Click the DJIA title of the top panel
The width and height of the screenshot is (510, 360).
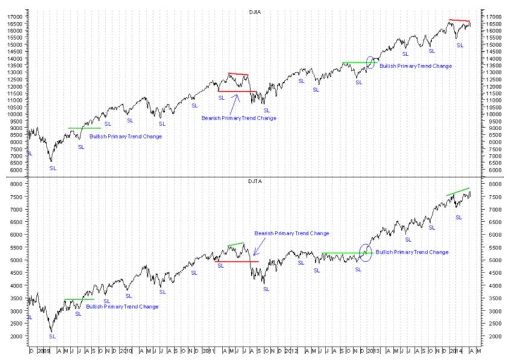tap(255, 11)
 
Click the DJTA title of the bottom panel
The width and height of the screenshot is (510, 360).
tap(255, 181)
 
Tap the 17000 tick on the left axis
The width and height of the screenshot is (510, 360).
tap(14, 17)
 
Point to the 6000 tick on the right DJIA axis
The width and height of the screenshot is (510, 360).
tap(493, 169)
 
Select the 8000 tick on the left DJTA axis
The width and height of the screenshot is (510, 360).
tap(16, 184)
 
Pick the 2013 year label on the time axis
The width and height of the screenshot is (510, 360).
tap(373, 350)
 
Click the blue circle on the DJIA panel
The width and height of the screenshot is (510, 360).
tap(370, 62)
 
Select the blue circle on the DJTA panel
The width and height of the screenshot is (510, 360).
tap(365, 252)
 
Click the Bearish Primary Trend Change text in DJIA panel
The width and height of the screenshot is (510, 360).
tap(239, 118)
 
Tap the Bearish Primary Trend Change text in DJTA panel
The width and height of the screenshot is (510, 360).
tap(292, 233)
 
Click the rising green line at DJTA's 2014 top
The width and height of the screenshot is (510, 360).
tap(458, 192)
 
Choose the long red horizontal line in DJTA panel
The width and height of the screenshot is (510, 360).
tap(236, 261)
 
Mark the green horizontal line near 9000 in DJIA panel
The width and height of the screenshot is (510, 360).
tap(84, 128)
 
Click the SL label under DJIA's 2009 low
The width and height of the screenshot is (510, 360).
tap(52, 168)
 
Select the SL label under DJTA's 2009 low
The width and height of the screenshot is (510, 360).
tap(52, 336)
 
